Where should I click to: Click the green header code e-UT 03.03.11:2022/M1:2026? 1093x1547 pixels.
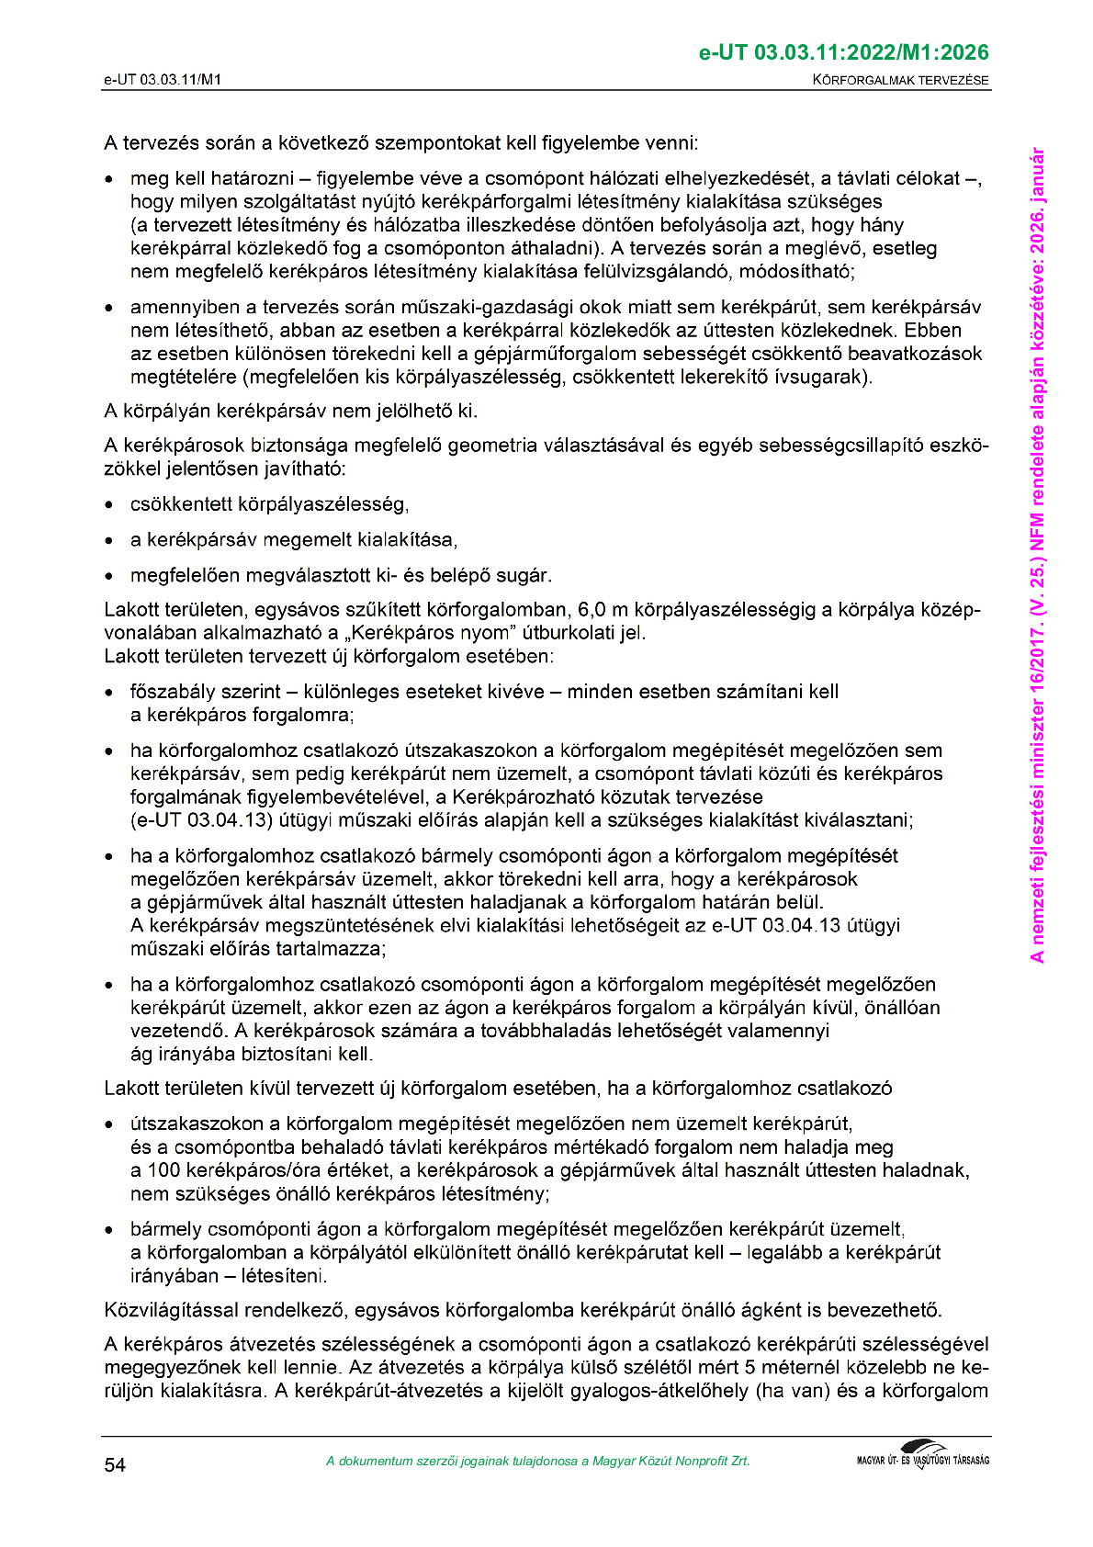[843, 52]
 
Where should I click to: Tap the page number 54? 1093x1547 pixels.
[115, 1464]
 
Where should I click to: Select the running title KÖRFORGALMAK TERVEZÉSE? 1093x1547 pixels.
[900, 80]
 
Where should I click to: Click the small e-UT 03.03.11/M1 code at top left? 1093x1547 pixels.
[163, 80]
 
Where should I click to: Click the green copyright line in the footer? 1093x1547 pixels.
[537, 1461]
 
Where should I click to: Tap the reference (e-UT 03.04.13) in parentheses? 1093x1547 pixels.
[193, 819]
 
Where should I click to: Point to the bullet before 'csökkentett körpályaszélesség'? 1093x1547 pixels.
[110, 505]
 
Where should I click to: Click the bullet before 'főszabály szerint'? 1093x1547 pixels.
[110, 693]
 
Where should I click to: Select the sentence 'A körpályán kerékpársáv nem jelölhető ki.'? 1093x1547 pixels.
[290, 411]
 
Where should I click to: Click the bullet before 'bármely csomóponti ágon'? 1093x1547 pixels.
[110, 1230]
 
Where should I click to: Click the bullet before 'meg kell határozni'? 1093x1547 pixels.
[110, 179]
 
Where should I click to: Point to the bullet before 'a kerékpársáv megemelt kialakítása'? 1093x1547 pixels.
[110, 540]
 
